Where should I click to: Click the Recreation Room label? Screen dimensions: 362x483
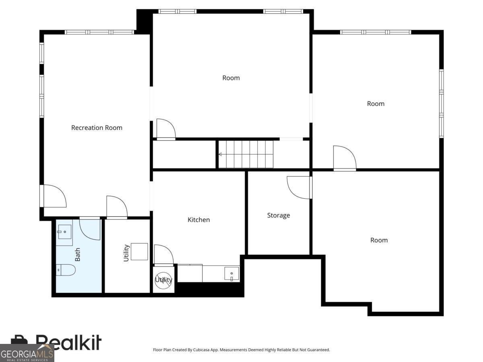pos(97,128)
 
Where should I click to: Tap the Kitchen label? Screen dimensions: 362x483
pos(199,220)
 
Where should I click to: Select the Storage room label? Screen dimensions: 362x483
pos(279,215)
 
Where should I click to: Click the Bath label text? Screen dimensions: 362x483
pos(77,254)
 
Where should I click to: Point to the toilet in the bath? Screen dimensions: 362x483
pos(66,270)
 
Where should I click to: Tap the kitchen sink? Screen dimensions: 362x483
pos(231,274)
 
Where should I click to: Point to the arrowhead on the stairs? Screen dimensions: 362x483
pos(220,154)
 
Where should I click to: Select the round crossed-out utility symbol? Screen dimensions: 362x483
pos(164,280)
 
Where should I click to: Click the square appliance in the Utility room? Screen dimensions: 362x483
pos(139,252)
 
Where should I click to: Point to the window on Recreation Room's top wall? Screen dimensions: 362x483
pos(99,32)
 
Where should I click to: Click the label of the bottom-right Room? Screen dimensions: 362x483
pos(379,240)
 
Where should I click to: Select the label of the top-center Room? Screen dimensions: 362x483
pos(231,78)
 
